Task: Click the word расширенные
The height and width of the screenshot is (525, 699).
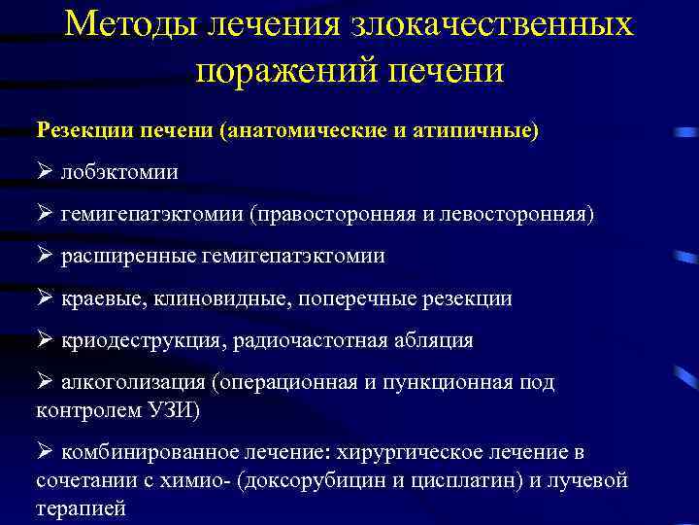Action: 128,256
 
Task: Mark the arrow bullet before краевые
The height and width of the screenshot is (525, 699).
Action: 45,298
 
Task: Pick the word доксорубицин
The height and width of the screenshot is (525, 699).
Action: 331,480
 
